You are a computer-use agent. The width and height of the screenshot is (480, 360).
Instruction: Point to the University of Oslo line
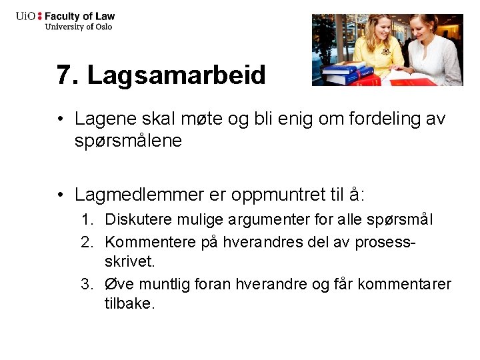78,27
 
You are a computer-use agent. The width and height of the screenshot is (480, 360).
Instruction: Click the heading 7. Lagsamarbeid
161,75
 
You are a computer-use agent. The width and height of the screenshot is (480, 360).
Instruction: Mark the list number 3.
87,285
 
